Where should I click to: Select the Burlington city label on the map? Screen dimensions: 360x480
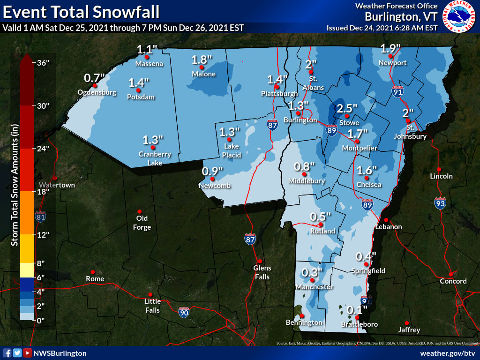(300, 120)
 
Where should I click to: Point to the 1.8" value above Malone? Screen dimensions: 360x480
(202, 60)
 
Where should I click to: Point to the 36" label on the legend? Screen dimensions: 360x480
(43, 63)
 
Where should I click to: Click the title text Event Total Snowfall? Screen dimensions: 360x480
(81, 11)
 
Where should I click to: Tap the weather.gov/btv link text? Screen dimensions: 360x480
(448, 353)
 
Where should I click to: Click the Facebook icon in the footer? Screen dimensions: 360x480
(7, 353)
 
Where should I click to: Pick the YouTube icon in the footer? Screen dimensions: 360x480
(28, 353)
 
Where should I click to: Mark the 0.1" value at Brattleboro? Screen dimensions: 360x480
(357, 309)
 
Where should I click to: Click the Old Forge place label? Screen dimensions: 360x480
(142, 223)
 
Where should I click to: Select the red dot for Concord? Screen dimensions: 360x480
(450, 274)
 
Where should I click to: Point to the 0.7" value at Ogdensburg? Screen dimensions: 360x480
(94, 77)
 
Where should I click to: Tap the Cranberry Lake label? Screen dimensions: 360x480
(155, 158)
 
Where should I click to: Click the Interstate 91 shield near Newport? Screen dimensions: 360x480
(397, 92)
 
